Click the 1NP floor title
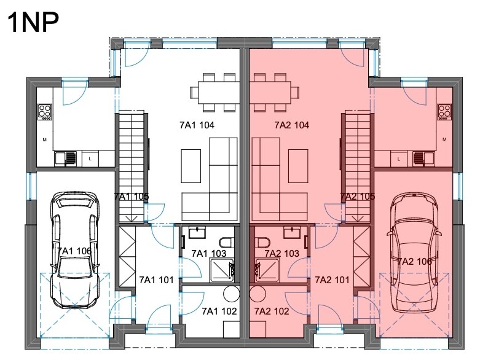point(33,22)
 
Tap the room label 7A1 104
point(197,125)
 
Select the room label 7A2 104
point(292,125)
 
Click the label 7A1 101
point(157,280)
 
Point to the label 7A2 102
point(272,311)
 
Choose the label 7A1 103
point(209,253)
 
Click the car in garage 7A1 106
point(76,250)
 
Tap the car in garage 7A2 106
point(414,252)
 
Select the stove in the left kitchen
point(45,112)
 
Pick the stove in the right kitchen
point(444,112)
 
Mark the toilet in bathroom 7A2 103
point(262,243)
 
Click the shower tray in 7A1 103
point(222,270)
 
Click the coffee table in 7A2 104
point(298,166)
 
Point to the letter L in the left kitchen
point(90,158)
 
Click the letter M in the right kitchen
point(444,139)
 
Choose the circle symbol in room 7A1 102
point(232,294)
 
